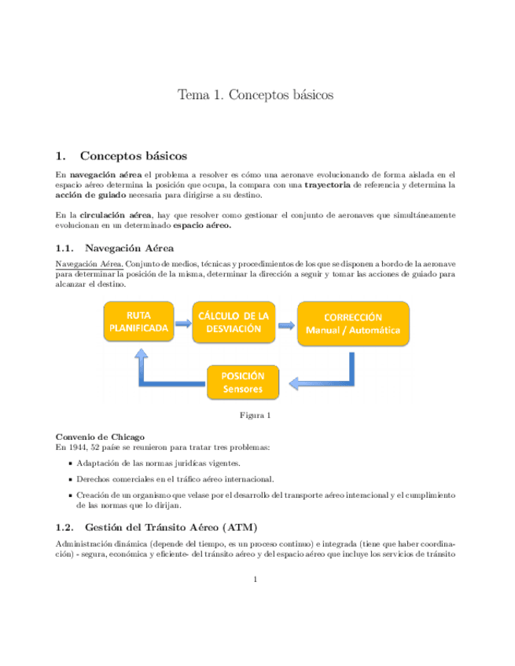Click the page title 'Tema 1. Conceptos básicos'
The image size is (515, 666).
click(x=256, y=95)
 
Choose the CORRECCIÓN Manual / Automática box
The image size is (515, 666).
click(x=353, y=323)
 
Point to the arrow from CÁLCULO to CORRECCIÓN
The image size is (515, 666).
click(x=285, y=323)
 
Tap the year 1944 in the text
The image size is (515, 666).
click(x=77, y=447)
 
